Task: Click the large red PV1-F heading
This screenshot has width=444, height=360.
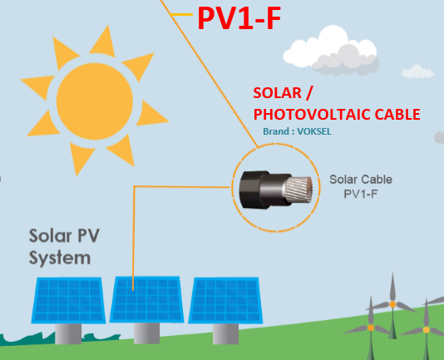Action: pyautogui.click(x=239, y=18)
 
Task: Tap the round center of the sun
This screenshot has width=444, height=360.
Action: pyautogui.click(x=95, y=101)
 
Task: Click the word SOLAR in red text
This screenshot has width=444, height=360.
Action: pyautogui.click(x=277, y=93)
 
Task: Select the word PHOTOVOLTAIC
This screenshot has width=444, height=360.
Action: pyautogui.click(x=312, y=115)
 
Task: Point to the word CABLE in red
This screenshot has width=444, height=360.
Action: pyautogui.click(x=397, y=115)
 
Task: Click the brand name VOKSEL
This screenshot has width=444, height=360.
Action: pyautogui.click(x=314, y=131)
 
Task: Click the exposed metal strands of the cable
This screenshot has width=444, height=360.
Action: pyautogui.click(x=298, y=190)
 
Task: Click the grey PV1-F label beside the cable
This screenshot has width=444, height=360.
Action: pyautogui.click(x=361, y=194)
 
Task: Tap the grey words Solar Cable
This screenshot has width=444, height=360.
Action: pyautogui.click(x=361, y=180)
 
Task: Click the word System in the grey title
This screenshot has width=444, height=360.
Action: pyautogui.click(x=60, y=259)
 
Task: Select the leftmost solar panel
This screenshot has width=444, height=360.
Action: pyautogui.click(x=68, y=300)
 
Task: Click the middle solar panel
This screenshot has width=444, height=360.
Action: pyautogui.click(x=146, y=299)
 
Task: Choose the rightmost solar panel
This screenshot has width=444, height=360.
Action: pyautogui.click(x=225, y=300)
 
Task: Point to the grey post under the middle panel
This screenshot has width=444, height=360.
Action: pyautogui.click(x=146, y=333)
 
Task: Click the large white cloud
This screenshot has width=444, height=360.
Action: pyautogui.click(x=332, y=51)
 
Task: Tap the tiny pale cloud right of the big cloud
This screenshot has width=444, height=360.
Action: pyautogui.click(x=417, y=72)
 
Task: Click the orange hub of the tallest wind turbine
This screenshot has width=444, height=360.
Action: pyautogui.click(x=392, y=304)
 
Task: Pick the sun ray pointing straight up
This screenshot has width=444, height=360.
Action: pyautogui.click(x=104, y=42)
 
